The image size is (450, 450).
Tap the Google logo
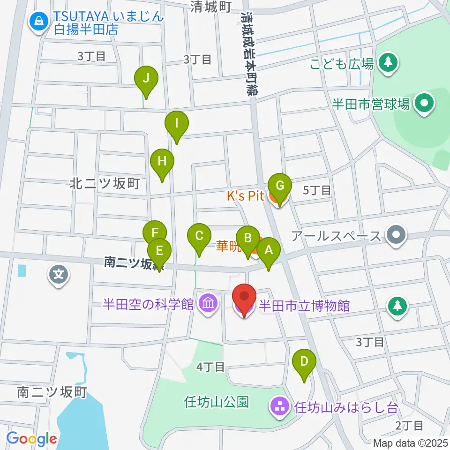point(32,439)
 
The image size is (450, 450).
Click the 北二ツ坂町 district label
point(105,184)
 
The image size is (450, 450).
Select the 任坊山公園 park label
point(217,402)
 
